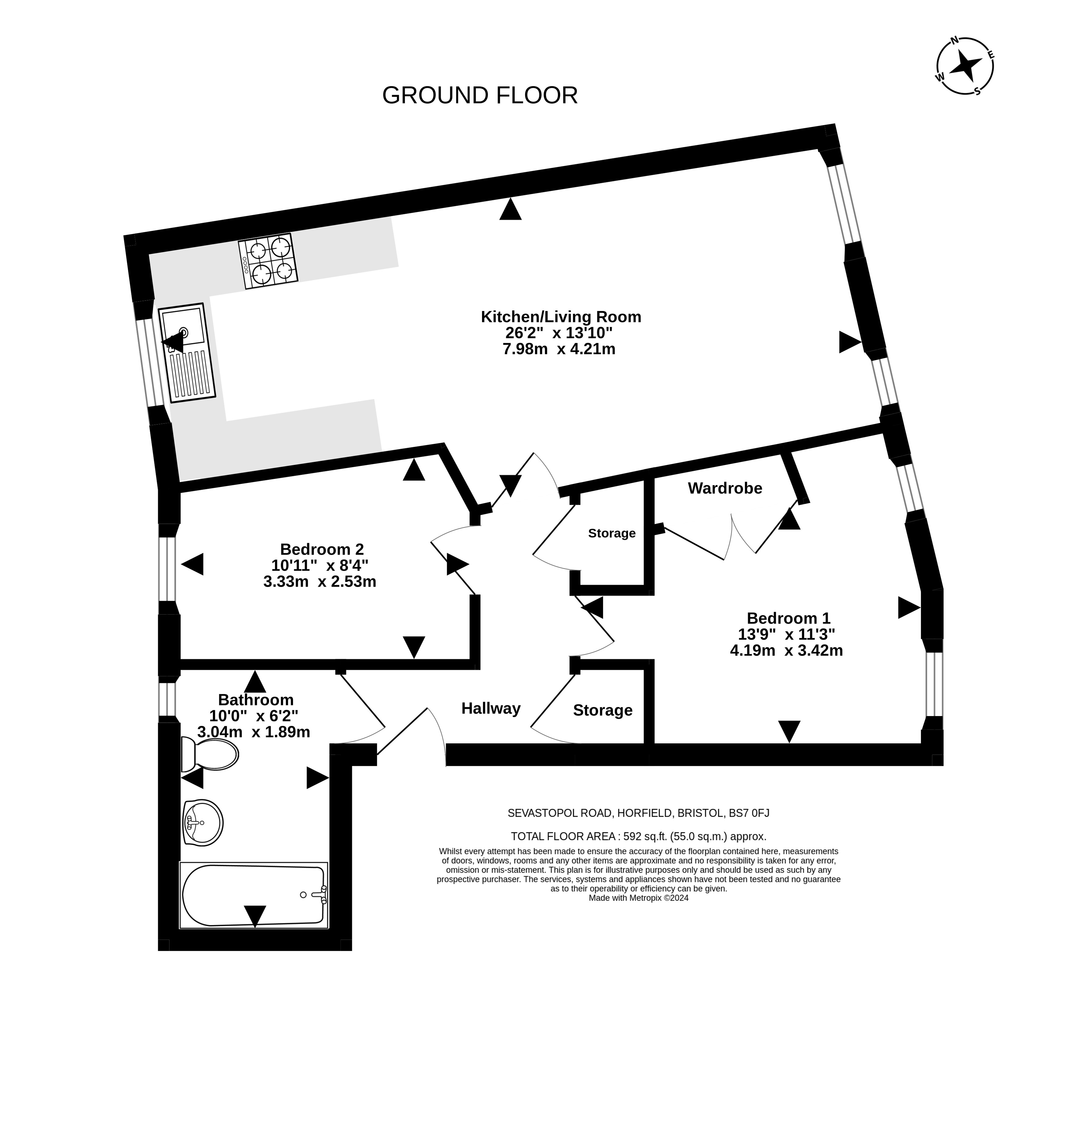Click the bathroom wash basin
point(203,823)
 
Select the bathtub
point(254,896)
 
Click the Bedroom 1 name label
point(788,618)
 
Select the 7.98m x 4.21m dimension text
point(559,349)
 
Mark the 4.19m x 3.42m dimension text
point(786,650)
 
